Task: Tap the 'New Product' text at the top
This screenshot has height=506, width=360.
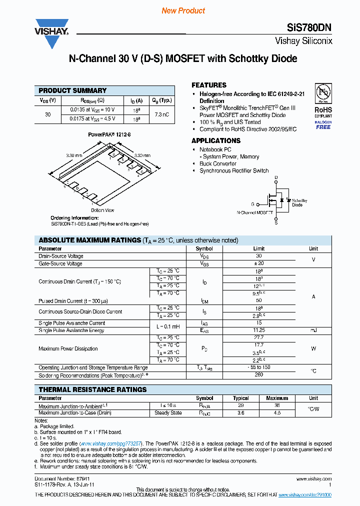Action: coord(183,10)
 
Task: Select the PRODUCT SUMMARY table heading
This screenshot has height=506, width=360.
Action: coord(72,90)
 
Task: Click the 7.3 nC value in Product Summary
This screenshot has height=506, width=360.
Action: coord(161,114)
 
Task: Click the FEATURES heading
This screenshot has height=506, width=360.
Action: coord(209,85)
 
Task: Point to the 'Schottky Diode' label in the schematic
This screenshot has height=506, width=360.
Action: coord(297,202)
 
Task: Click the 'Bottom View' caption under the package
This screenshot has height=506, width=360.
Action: coord(102,210)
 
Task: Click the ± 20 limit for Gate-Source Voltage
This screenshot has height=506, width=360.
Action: coord(258,263)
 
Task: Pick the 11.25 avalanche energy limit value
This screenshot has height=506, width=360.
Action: coord(258,330)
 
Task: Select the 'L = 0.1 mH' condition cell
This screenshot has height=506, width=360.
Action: coord(165,326)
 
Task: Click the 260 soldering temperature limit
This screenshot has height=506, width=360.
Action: coord(258,374)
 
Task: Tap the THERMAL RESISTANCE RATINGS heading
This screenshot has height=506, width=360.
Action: coord(92,389)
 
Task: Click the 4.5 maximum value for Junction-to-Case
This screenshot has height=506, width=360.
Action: coord(277,413)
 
